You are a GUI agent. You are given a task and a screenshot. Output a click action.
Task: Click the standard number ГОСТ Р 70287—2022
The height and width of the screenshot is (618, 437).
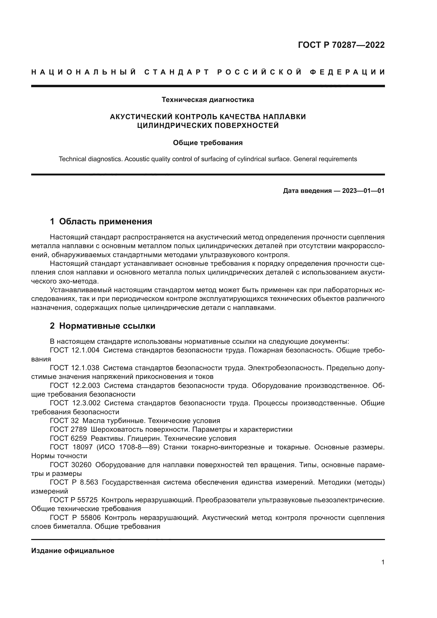click(x=341, y=45)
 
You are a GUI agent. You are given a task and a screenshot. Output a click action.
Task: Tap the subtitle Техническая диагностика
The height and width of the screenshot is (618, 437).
click(x=208, y=100)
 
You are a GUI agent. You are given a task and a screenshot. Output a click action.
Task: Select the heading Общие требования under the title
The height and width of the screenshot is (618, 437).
click(x=208, y=143)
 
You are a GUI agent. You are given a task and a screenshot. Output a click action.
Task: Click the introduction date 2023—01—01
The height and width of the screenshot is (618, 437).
click(x=363, y=191)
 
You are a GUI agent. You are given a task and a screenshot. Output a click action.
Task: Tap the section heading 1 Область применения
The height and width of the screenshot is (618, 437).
click(x=101, y=221)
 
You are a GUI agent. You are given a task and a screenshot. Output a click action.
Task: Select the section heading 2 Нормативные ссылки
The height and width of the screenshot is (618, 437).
click(x=103, y=326)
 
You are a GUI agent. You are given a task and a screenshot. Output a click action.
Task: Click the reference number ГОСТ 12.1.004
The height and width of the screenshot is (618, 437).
click(x=75, y=350)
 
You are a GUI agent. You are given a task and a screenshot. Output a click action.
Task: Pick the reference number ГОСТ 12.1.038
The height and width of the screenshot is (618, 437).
click(x=75, y=368)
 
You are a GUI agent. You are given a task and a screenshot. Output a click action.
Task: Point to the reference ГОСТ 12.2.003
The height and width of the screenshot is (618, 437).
click(x=75, y=385)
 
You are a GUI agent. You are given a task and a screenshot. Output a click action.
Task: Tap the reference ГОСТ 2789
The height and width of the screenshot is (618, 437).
click(x=68, y=429)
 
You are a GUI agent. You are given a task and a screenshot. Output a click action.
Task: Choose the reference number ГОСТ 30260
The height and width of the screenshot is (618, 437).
click(x=71, y=465)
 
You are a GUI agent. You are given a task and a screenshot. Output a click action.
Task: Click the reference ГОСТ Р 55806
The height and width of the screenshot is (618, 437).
click(x=75, y=518)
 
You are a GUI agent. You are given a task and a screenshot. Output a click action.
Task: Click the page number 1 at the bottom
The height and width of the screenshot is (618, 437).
click(x=383, y=562)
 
